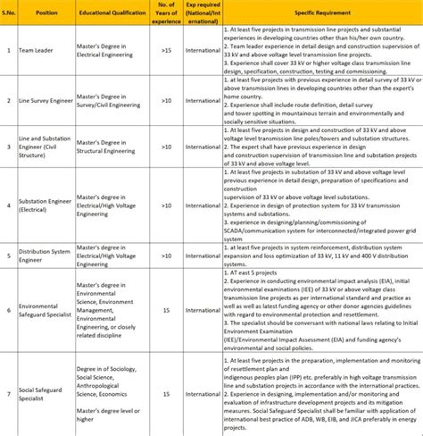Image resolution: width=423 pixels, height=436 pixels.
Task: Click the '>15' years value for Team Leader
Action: click(165, 50)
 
